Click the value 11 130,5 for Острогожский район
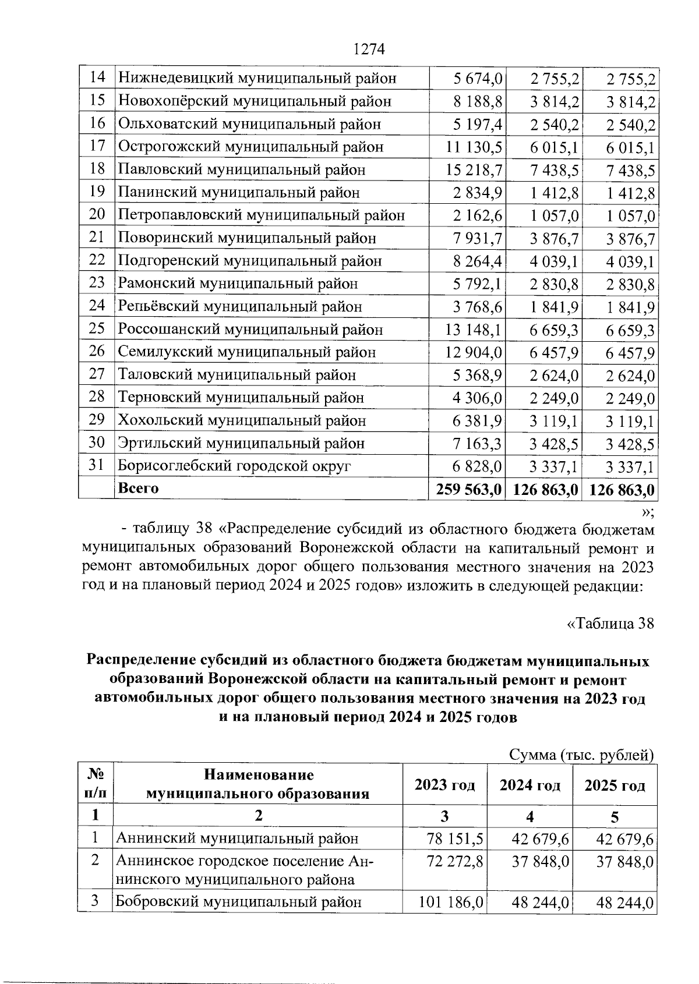[474, 147]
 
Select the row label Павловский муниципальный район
[242, 170]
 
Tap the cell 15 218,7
[474, 170]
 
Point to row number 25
[97, 329]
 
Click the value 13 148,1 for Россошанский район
[474, 330]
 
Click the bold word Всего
[138, 489]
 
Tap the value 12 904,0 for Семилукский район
[474, 352]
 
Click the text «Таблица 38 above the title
[610, 624]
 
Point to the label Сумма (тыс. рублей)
[582, 756]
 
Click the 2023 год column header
[444, 785]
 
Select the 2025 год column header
[615, 785]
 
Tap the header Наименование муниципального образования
[258, 784]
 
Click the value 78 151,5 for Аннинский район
[455, 839]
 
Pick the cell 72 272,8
[455, 861]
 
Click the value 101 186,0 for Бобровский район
[451, 902]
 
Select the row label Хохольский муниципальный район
[242, 420]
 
